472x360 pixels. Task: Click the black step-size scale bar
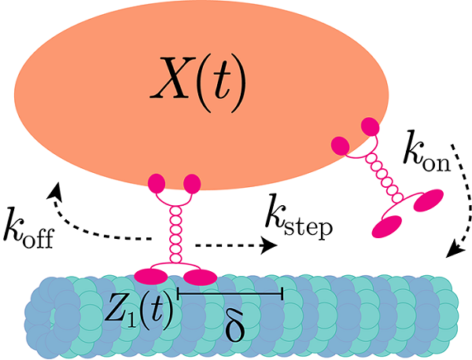230,294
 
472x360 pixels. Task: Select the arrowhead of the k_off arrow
56,189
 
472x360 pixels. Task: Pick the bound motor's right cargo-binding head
192,184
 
